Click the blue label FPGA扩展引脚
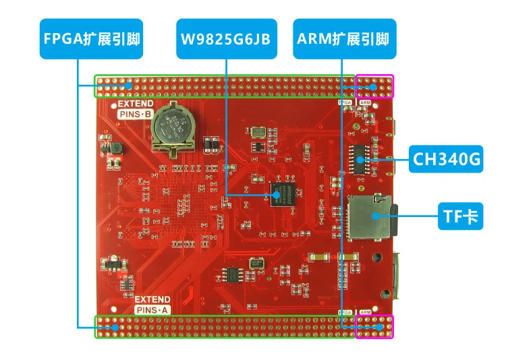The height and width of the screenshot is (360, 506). [79, 38]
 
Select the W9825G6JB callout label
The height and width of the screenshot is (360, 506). [225, 38]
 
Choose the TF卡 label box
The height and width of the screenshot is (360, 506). [460, 216]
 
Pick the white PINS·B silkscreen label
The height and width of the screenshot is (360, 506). [137, 115]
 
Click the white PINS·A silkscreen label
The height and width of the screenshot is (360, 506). [152, 309]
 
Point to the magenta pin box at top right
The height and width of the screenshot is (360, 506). [374, 86]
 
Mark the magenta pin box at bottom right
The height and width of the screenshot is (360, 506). [374, 326]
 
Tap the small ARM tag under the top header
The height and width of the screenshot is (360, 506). [364, 102]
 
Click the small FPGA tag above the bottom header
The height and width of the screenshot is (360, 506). [345, 312]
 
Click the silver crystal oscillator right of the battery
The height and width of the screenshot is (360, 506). [257, 131]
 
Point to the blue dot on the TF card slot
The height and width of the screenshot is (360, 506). [375, 216]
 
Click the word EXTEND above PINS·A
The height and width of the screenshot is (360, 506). [152, 299]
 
